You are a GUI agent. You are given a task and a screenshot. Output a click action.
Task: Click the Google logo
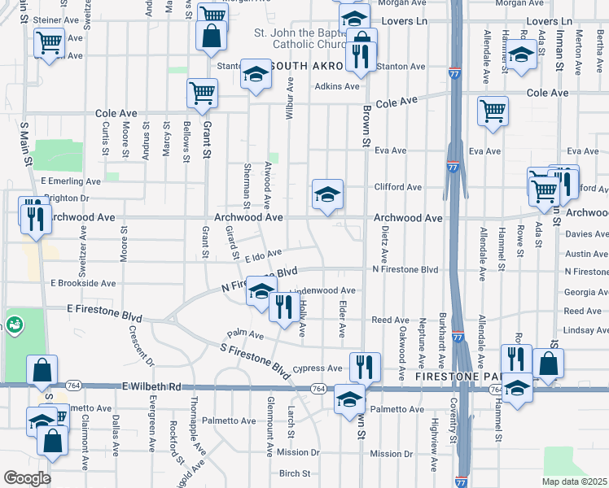pyautogui.click(x=27, y=478)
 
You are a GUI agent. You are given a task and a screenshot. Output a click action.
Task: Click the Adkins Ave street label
pyautogui.click(x=337, y=86)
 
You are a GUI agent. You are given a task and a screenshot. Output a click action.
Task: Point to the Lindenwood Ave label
pyautogui.click(x=324, y=290)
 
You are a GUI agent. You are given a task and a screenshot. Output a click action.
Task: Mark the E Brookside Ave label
pyautogui.click(x=84, y=283)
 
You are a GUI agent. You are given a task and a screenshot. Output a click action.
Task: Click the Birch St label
pyautogui.click(x=295, y=473)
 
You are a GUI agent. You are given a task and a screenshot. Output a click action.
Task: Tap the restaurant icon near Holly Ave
pyautogui.click(x=283, y=307)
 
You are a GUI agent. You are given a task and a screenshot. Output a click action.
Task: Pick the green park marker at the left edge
pyautogui.click(x=14, y=325)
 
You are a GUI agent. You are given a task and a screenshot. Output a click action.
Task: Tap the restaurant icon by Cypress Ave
pyautogui.click(x=364, y=367)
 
